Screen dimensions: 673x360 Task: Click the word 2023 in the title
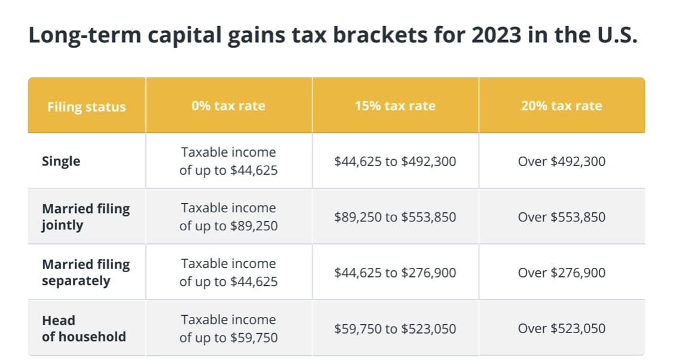[496, 35]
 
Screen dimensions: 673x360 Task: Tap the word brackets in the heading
[380, 35]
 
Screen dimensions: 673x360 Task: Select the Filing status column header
[87, 106]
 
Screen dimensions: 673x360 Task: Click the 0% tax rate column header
[229, 106]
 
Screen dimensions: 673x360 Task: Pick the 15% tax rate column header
[395, 106]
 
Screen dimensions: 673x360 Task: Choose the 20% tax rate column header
[561, 106]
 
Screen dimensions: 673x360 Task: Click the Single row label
[61, 161]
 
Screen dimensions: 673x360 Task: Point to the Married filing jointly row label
[86, 216]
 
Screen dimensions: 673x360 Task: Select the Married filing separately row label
[86, 273]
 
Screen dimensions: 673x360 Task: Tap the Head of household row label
[84, 328]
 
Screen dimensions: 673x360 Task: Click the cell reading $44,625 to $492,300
[395, 161]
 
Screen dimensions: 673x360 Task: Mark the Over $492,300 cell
[561, 161]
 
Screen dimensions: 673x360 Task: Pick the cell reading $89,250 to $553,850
[395, 217]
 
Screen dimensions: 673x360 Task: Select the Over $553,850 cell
[561, 217]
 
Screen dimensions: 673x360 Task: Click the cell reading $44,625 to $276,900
[395, 273]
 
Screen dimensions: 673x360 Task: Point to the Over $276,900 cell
[561, 273]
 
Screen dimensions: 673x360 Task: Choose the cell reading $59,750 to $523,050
[395, 329]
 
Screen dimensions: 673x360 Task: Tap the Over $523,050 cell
[561, 329]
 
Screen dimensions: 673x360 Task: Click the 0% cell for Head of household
[229, 328]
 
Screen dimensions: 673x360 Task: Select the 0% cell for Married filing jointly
[229, 216]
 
